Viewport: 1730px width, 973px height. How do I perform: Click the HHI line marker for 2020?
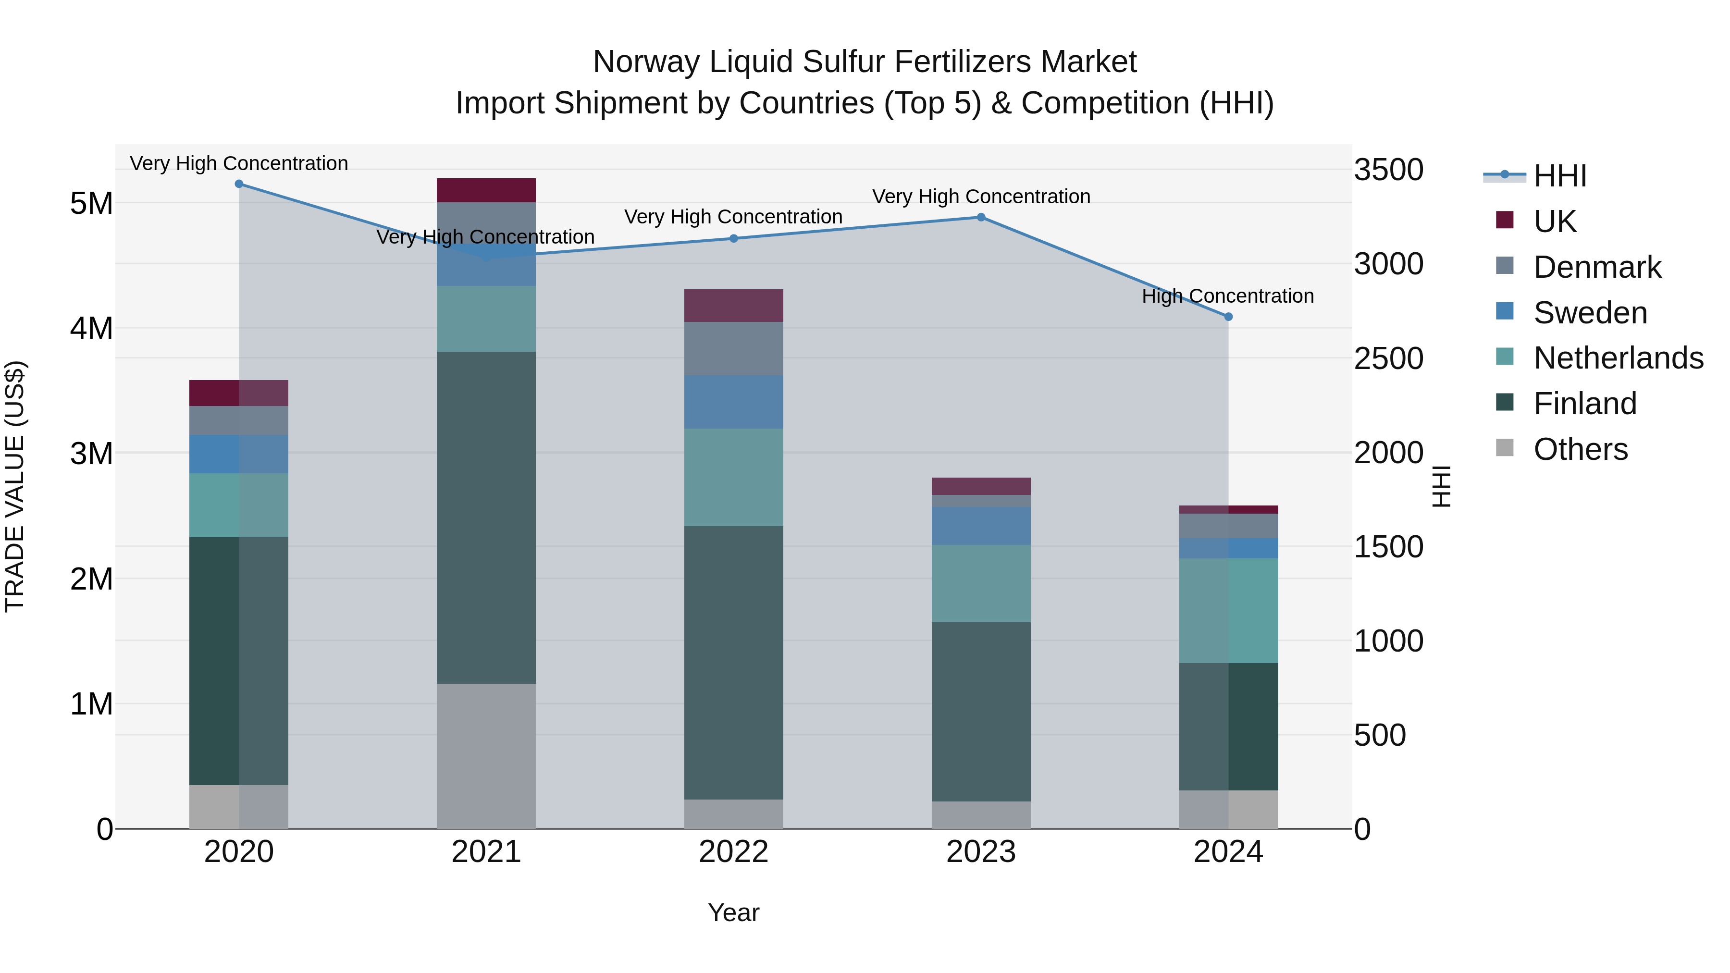[239, 184]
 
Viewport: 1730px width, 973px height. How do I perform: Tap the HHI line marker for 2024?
[1228, 316]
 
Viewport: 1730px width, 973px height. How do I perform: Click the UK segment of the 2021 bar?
[486, 190]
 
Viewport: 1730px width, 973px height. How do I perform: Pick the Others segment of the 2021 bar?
[486, 756]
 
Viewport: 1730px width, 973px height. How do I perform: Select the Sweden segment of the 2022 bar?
[733, 402]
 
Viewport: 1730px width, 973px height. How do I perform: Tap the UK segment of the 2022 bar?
[733, 306]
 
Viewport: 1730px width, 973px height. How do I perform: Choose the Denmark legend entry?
[1596, 267]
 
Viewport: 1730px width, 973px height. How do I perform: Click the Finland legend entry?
[1584, 404]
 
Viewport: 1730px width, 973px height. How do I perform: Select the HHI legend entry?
[1559, 176]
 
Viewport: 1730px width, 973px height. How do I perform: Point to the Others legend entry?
[1580, 449]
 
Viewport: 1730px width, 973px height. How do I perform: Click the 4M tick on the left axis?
[91, 328]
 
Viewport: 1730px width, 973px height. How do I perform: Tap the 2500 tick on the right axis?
[1387, 358]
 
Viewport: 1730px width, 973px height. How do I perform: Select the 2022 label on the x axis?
[733, 852]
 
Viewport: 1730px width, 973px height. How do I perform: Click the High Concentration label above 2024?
[1228, 296]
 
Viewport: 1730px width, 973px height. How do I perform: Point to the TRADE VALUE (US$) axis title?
[15, 486]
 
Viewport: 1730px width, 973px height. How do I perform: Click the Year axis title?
[733, 912]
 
